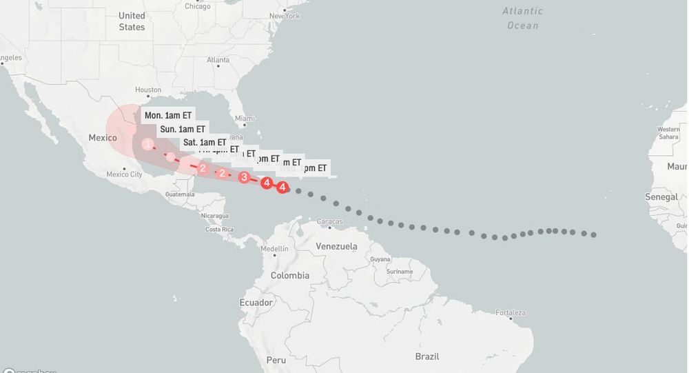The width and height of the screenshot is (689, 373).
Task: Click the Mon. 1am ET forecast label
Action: (x=168, y=115)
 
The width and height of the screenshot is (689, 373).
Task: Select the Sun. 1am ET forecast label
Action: (x=183, y=129)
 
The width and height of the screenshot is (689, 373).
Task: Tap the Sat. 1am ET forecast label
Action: (x=205, y=143)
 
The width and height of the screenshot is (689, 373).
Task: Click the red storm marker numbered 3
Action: (x=244, y=177)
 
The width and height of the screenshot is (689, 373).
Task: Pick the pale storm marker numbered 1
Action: (x=148, y=144)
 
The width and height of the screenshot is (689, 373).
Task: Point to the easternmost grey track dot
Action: (x=593, y=235)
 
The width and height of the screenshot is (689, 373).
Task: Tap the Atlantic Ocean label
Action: (x=522, y=18)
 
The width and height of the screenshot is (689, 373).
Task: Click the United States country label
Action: (x=132, y=21)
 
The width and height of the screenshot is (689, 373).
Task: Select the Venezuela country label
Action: (x=336, y=246)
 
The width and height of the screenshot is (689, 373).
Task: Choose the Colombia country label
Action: (x=289, y=275)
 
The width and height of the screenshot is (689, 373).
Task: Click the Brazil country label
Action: (x=427, y=356)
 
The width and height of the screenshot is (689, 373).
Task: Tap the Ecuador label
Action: (x=256, y=303)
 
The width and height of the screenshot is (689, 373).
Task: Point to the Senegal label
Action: (x=661, y=196)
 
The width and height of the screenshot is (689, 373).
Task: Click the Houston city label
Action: (x=148, y=90)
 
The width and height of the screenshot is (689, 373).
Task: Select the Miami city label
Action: (x=245, y=119)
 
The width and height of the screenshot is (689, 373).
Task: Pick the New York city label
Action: (x=285, y=15)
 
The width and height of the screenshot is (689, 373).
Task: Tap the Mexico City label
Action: (x=124, y=174)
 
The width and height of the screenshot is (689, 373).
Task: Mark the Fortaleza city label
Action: (x=510, y=313)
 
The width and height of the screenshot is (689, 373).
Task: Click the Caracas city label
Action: (x=330, y=221)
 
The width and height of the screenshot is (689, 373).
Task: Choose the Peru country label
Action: (x=276, y=360)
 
